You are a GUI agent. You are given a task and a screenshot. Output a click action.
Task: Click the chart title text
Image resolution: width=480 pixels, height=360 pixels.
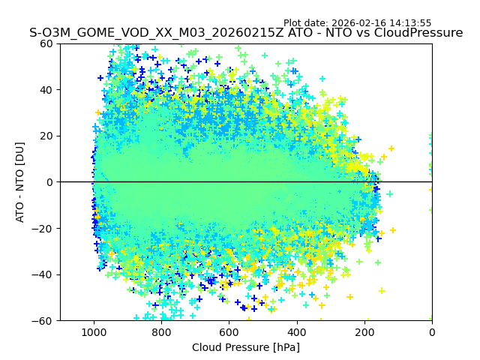click(x=246, y=33)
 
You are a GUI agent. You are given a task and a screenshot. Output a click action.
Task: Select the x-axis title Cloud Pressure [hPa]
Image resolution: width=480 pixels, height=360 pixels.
click(x=246, y=347)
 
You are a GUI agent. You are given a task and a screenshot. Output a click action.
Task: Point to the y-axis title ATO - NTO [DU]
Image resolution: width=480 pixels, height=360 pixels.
click(x=20, y=182)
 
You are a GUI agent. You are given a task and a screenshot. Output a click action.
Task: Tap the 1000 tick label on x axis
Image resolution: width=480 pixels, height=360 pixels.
click(x=94, y=331)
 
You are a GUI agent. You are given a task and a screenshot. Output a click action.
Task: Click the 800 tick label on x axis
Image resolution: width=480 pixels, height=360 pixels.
click(x=161, y=331)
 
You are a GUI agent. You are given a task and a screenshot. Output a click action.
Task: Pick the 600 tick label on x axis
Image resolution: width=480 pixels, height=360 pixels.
click(x=229, y=331)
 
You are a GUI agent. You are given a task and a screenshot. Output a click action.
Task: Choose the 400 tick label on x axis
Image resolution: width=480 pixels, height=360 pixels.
click(x=297, y=331)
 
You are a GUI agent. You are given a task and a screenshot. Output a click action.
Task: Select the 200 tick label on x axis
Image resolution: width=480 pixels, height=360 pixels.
click(x=364, y=331)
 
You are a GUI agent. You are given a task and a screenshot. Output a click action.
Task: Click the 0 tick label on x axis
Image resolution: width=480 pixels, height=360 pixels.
click(x=432, y=331)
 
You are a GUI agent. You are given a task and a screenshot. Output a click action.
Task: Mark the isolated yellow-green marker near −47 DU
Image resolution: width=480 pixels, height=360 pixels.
click(x=382, y=291)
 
